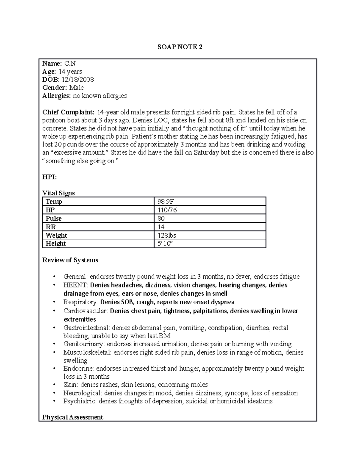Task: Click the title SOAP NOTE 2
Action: point(180,47)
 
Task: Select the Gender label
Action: point(55,88)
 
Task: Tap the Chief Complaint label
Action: point(68,112)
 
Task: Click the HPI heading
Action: point(49,177)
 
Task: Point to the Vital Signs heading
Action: point(58,193)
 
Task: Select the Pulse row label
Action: point(53,218)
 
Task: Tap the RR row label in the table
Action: point(51,227)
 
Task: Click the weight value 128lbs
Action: point(167,235)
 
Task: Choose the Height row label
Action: point(55,244)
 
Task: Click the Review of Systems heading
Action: point(70,260)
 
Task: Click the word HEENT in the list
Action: point(75,285)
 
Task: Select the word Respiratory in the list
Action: point(80,302)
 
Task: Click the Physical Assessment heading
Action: point(73,417)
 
